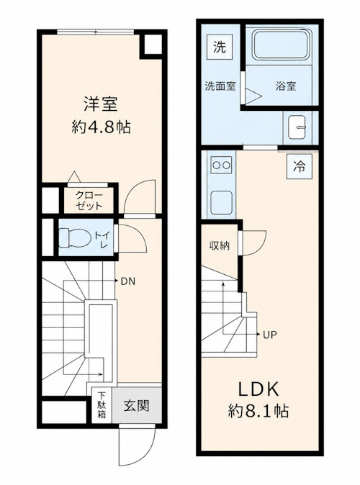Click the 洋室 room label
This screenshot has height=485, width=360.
pos(101,104)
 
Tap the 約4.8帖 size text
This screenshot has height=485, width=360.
pos(101,127)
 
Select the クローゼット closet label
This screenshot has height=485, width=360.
pos(89,201)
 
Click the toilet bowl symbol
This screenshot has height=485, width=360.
pos(75,237)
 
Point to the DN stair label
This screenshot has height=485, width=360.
pos(127,281)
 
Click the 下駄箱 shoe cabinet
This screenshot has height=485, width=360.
pos(102,405)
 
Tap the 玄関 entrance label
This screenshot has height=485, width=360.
pos(137,406)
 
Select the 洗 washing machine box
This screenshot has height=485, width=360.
pos(220,47)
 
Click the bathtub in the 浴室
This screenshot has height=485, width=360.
pos(282,44)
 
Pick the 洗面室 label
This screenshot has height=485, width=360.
pos(220,86)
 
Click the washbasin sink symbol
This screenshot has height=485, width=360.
pos(297,127)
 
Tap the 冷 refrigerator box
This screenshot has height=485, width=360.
pos(299,167)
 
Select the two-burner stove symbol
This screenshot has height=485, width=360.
pos(222,165)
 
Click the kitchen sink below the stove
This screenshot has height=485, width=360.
pos(222,202)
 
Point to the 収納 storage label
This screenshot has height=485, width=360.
pos(220,246)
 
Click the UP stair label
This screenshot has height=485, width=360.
pos(270,335)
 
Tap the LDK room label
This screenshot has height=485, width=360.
pos(258,389)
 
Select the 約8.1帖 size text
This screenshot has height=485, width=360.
pos(258,412)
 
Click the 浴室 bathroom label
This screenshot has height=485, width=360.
pos(286,86)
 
